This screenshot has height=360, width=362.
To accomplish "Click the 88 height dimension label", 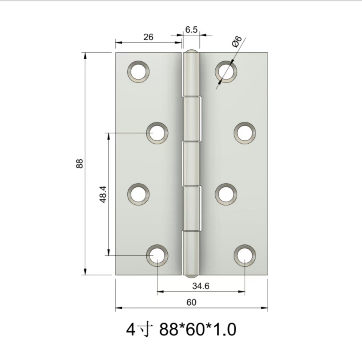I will (x=79, y=163).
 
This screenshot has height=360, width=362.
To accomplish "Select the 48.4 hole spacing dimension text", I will (x=103, y=194).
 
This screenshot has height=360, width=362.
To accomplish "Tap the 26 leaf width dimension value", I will (x=148, y=37).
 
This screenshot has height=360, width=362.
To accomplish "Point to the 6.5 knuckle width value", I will (x=191, y=30).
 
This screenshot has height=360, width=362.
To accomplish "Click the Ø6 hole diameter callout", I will (x=237, y=42).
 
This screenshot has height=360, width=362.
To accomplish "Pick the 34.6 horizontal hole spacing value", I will (x=200, y=286).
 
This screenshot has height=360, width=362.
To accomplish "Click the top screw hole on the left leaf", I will (x=138, y=72).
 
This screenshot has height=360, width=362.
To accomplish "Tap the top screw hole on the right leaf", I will (x=226, y=72).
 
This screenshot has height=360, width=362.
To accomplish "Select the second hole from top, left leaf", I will (x=157, y=133).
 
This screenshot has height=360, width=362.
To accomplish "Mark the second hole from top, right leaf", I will (x=245, y=133).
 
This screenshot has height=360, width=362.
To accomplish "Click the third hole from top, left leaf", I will (x=138, y=194).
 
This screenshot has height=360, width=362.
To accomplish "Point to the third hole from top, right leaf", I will (x=226, y=194).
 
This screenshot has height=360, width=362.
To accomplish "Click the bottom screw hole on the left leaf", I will (x=157, y=255).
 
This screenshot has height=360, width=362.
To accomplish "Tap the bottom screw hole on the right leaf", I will (x=245, y=255).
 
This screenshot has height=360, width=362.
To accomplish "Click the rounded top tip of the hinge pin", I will (x=191, y=52).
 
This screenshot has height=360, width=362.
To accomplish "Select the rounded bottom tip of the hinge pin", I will (x=191, y=276).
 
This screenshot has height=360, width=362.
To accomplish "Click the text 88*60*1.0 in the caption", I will (x=198, y=329).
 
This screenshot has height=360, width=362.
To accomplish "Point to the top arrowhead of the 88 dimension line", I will (x=85, y=55).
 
